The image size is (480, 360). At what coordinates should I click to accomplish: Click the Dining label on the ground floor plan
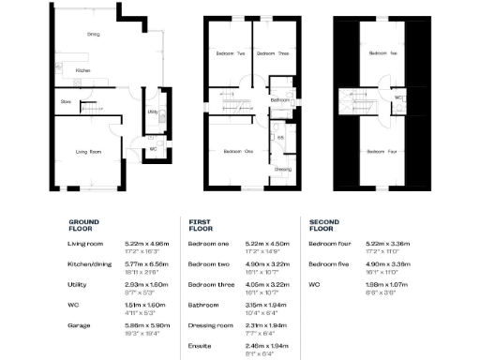[x=93, y=35]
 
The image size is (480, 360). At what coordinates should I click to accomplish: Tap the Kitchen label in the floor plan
[x=82, y=71]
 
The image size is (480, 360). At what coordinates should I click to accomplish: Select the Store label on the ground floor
[x=66, y=102]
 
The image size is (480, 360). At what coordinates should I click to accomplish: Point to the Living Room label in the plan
[x=88, y=150]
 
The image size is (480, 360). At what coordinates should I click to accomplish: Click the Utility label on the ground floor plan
[x=152, y=112]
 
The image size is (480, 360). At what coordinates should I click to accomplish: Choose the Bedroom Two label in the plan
[x=233, y=53]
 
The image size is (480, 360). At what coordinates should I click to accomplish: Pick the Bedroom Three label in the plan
[x=272, y=53]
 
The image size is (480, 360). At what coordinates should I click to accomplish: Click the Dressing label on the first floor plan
[x=282, y=169]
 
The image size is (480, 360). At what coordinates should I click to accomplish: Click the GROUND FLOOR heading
[x=82, y=226]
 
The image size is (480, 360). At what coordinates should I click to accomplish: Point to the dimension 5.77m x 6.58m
[x=144, y=263]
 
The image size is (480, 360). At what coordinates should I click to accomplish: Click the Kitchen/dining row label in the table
[x=92, y=263]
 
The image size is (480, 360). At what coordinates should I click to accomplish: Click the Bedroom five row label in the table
[x=330, y=263]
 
